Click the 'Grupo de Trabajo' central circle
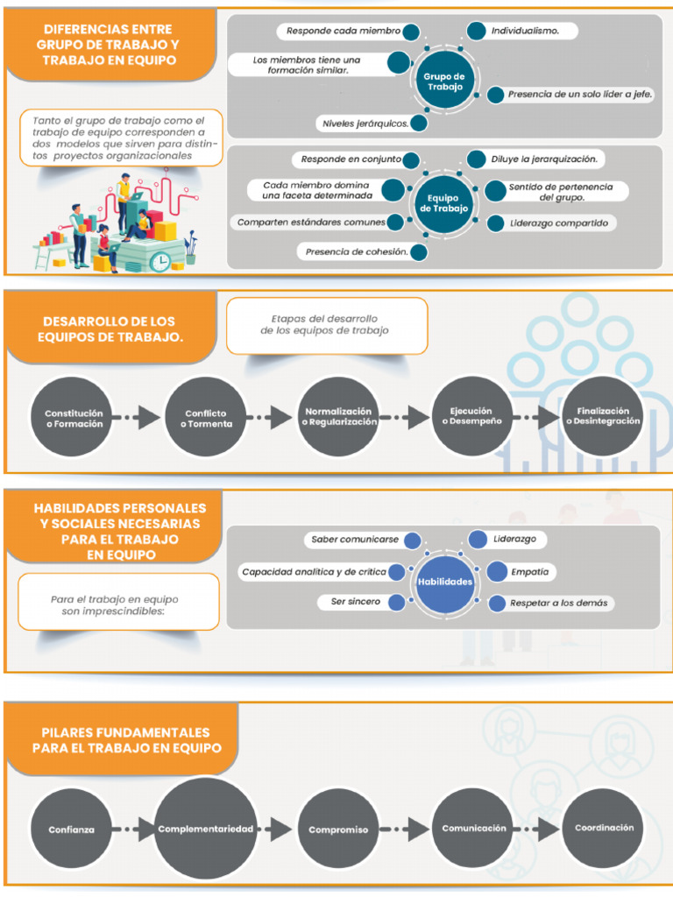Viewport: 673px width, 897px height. click(x=444, y=81)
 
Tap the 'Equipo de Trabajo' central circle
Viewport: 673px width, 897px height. click(x=443, y=203)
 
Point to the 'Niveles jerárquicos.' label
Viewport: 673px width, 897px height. click(x=365, y=123)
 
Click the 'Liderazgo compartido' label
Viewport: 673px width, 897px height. click(x=558, y=223)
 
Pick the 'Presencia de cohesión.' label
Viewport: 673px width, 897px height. click(x=356, y=251)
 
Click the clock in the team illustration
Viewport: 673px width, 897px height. click(x=159, y=261)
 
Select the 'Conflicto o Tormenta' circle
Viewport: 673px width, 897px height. click(x=206, y=417)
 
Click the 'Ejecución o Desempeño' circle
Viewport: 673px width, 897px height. click(x=471, y=416)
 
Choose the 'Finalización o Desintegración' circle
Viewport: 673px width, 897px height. click(x=603, y=416)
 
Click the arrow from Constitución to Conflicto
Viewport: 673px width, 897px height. click(x=138, y=418)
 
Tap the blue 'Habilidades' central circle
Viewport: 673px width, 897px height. click(x=444, y=583)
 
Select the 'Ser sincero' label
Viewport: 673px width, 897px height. click(x=355, y=602)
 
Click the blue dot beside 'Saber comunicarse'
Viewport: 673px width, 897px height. click(x=412, y=540)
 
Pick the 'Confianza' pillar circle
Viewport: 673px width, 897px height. click(x=72, y=829)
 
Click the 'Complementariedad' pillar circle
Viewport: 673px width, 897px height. click(x=206, y=829)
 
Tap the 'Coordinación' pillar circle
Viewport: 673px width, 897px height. click(x=604, y=828)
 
